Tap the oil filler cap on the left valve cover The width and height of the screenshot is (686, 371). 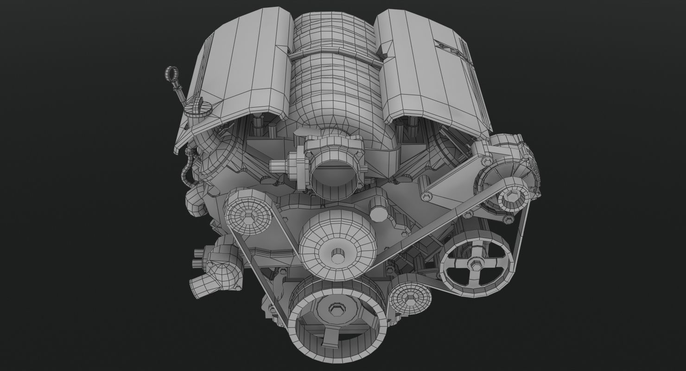(x=198, y=108)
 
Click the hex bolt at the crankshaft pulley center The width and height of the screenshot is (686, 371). (x=336, y=309)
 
